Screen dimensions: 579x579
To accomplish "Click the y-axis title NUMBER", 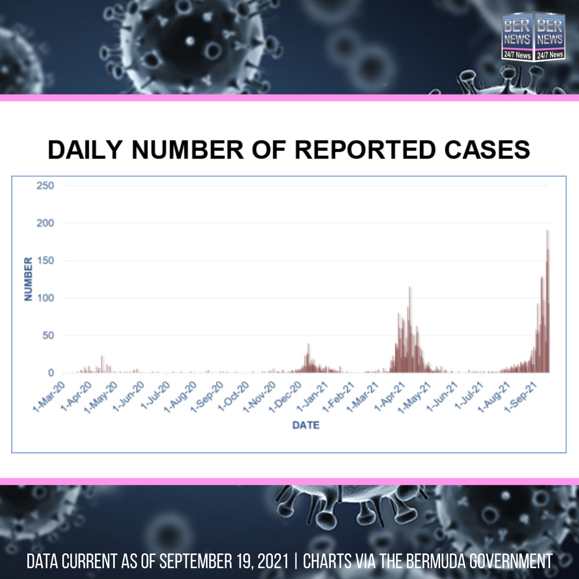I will click(29, 278).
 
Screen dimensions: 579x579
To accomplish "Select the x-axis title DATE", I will click(306, 425).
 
